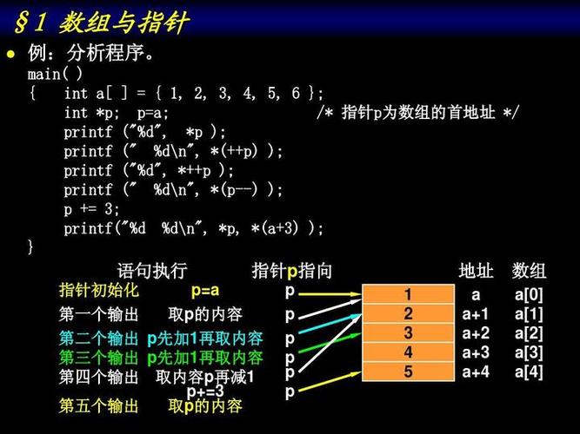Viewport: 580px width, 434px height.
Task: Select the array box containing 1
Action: pos(408,295)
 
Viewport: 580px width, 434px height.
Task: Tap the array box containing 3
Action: pos(408,333)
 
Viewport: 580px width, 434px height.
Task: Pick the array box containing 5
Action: pos(408,372)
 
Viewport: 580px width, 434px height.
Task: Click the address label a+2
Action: pos(476,333)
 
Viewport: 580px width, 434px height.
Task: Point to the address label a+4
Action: pos(476,372)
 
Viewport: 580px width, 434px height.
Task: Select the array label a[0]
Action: pos(528,295)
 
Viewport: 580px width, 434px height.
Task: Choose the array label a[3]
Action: pos(528,352)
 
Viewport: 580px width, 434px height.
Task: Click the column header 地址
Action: pos(477,270)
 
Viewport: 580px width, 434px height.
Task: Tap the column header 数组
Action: pos(529,270)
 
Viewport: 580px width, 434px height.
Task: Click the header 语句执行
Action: pos(151,270)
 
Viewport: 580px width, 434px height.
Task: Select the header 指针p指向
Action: pos(291,270)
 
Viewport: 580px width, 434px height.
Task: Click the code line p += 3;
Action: pos(92,209)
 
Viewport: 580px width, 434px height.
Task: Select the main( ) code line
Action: pos(55,74)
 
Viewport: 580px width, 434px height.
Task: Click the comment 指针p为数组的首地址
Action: pos(417,113)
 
